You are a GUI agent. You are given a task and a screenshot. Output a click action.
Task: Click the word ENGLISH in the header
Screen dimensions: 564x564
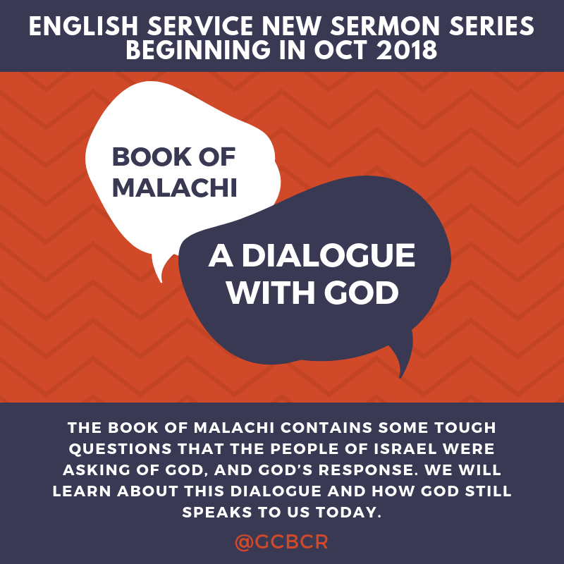coord(83,26)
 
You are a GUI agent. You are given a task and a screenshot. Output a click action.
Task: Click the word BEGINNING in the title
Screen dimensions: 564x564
coord(198,49)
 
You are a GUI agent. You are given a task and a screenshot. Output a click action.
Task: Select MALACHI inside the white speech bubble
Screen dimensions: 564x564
coord(174,187)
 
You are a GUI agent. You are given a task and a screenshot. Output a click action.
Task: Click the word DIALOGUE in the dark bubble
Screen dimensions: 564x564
coord(329,255)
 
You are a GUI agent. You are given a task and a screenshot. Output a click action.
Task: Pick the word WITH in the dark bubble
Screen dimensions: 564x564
coord(271,293)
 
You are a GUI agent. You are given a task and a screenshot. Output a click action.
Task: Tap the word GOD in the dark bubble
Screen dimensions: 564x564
coord(361,293)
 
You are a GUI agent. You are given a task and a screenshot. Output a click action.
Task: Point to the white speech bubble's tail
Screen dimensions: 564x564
coord(159,268)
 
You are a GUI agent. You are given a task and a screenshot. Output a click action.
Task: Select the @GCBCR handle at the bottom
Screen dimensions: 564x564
coord(281,541)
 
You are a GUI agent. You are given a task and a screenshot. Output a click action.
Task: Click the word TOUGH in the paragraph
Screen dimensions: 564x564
coord(465,428)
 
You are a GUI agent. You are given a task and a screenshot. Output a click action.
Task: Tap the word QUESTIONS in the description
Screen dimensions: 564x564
coord(121,449)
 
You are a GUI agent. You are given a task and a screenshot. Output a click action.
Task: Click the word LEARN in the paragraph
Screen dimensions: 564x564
coord(82,491)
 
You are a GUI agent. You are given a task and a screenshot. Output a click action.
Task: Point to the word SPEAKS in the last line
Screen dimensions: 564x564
coord(217,513)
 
